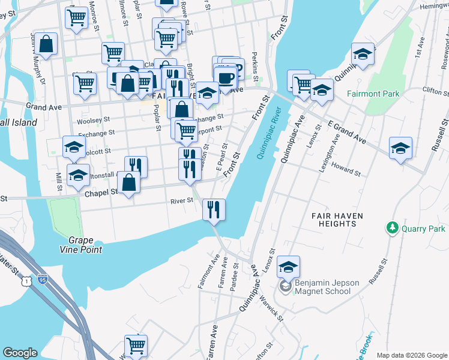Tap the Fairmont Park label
coord(372,94)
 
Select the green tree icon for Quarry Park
coord(393,228)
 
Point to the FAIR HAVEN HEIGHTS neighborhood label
coord(334,219)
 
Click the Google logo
coord(20,353)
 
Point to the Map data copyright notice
coord(411,355)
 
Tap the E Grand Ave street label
coord(347,131)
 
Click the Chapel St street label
coord(101,192)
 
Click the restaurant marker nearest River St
coord(214,210)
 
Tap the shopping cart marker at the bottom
coord(136,346)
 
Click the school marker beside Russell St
coord(400,148)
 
